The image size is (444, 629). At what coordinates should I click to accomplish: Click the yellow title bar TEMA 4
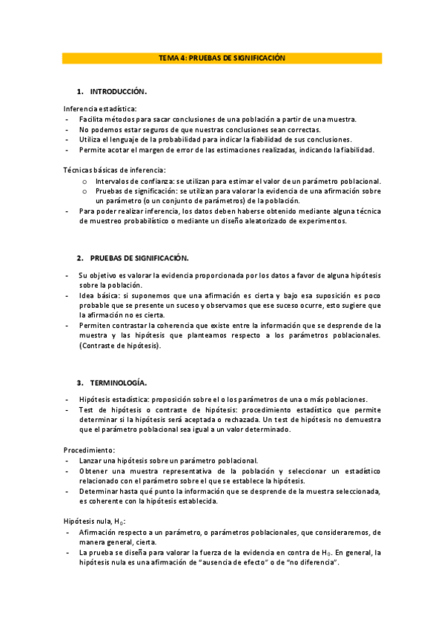coord(222,57)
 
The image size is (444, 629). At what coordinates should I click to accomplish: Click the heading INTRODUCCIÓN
coord(118,91)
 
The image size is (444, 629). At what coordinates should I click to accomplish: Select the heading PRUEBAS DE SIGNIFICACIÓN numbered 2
coord(139,257)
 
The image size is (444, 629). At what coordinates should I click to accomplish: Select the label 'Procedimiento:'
coord(89,449)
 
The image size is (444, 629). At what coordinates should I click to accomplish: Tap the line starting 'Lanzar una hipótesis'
coord(168,460)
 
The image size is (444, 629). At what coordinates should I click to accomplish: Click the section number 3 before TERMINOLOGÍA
coord(79,383)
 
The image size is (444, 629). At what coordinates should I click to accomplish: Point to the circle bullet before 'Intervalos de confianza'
coord(85,182)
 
